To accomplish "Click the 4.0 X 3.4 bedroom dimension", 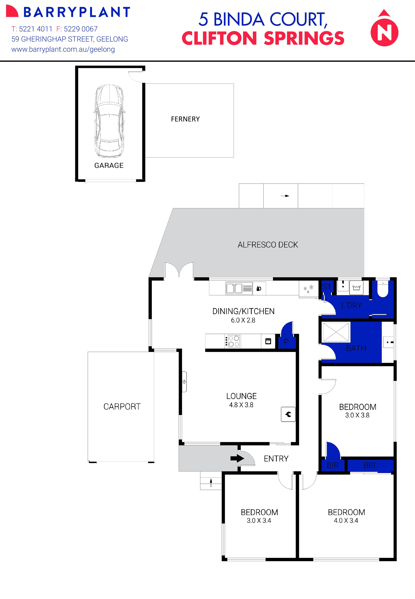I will (346, 520).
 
